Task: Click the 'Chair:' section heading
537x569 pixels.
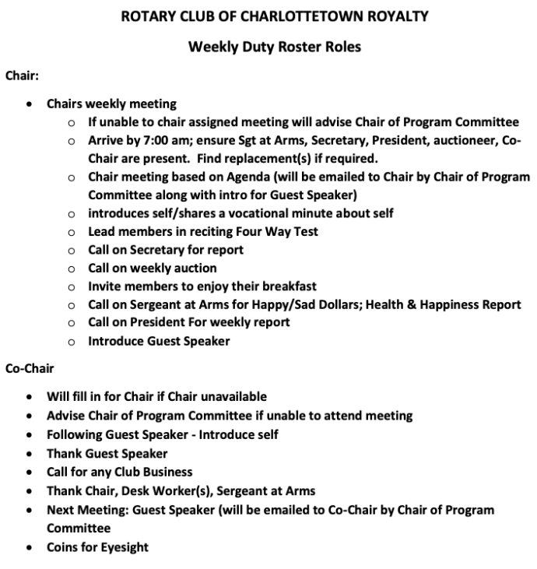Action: click(x=22, y=76)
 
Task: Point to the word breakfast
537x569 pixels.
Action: click(x=289, y=286)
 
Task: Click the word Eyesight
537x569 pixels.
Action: click(x=122, y=547)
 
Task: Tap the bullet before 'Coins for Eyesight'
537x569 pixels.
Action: click(x=30, y=547)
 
